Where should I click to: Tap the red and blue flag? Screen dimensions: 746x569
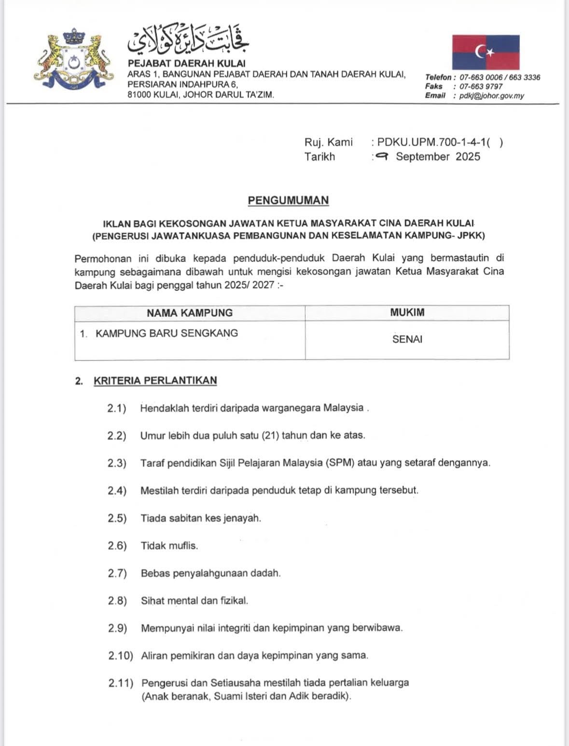click(x=486, y=52)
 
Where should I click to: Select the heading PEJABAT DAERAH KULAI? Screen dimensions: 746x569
click(x=186, y=63)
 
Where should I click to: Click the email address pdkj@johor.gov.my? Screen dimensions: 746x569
click(x=491, y=96)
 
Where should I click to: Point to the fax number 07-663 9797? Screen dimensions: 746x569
click(x=481, y=86)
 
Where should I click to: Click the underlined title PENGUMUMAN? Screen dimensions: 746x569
click(x=288, y=200)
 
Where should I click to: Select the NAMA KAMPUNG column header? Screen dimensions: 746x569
click(x=190, y=313)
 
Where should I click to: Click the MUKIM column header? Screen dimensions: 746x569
click(x=407, y=312)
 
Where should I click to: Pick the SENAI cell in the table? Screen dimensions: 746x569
click(x=407, y=339)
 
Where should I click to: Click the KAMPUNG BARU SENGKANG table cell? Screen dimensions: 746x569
click(x=167, y=333)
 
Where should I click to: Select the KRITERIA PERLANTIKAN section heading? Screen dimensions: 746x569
click(x=155, y=380)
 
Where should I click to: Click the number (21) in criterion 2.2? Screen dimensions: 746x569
click(x=270, y=435)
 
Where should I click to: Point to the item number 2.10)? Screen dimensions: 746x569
click(x=120, y=656)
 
